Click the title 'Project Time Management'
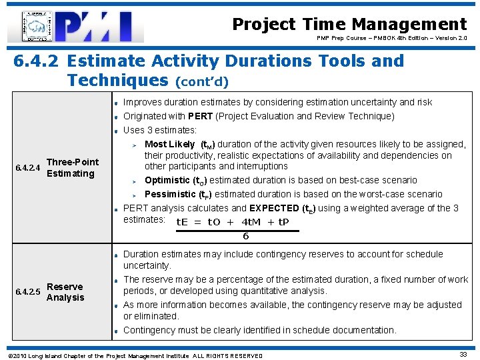point(349,25)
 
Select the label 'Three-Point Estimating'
point(72,168)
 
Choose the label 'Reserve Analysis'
point(65,292)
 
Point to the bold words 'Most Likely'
point(169,144)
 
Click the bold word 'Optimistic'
point(167,180)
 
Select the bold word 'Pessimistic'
point(169,194)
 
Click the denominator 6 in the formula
point(245,236)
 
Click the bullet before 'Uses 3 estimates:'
point(115,131)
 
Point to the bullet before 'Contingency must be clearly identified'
point(115,331)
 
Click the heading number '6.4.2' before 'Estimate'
point(37,61)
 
